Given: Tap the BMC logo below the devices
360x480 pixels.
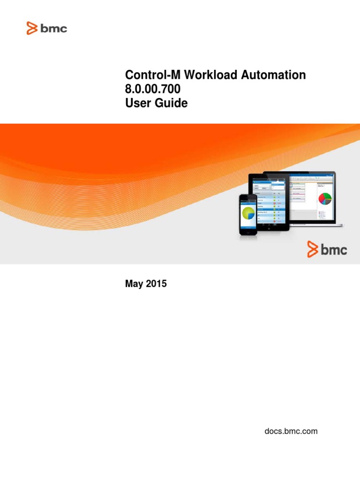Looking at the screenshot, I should click(x=327, y=249).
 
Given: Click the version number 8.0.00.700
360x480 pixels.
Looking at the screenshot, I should click(x=152, y=89).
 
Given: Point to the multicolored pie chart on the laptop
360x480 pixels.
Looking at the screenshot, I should click(x=325, y=198).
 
